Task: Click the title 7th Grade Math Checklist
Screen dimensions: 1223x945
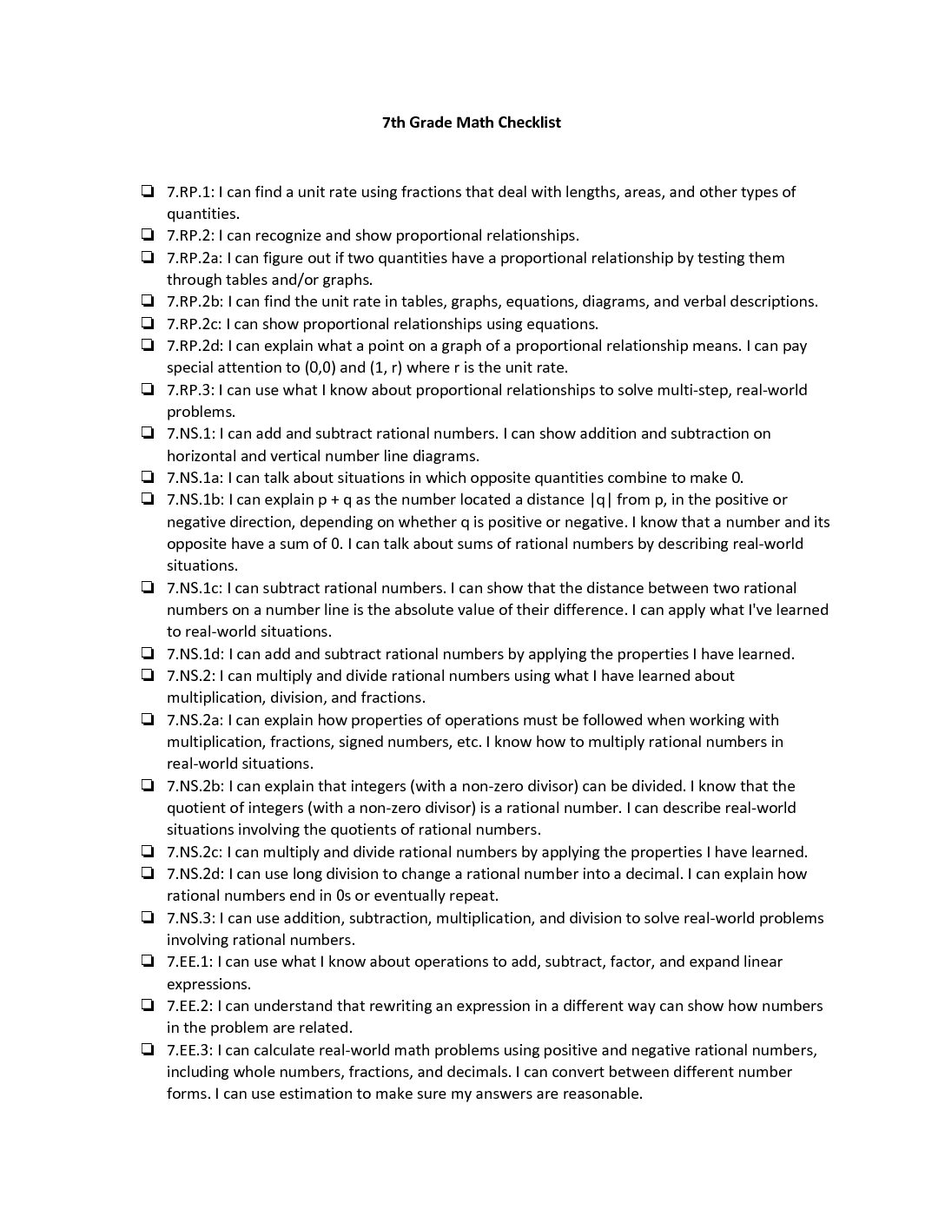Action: click(x=472, y=122)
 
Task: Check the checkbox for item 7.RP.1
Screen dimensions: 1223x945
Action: click(x=149, y=192)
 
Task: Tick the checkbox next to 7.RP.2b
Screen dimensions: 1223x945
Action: click(x=149, y=301)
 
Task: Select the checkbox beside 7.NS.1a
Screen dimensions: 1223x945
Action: click(x=149, y=478)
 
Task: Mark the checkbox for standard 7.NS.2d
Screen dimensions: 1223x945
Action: click(x=149, y=874)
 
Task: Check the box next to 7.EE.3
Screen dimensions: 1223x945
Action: click(x=149, y=1050)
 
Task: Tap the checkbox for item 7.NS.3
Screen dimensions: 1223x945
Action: click(x=149, y=918)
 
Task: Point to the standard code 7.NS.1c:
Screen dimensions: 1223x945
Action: click(x=195, y=588)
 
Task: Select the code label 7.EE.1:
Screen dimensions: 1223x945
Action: click(x=189, y=962)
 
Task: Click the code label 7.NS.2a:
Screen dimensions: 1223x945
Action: click(x=195, y=720)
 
